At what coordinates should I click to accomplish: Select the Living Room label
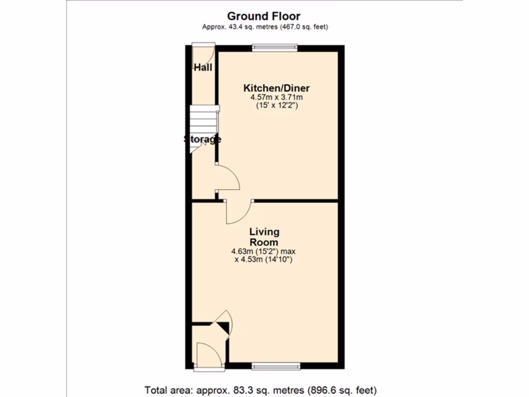pos(264,237)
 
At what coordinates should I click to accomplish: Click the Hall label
pos(203,67)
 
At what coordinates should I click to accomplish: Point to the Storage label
pos(203,139)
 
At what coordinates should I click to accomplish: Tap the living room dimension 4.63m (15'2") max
pos(263,252)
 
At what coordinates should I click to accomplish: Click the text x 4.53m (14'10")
pos(263,260)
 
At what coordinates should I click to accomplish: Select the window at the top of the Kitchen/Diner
pos(275,48)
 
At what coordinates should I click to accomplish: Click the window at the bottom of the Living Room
pos(276,367)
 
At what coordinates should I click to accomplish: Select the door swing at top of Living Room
pos(237,212)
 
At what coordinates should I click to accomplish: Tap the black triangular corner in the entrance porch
pos(223,327)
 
